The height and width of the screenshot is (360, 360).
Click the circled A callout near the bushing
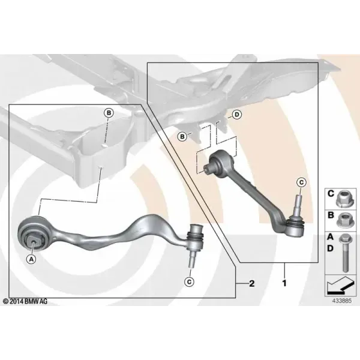click(31, 259)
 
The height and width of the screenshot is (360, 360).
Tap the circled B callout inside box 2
click(109, 113)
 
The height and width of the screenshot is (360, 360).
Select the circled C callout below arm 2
click(190, 282)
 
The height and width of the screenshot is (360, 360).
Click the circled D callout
click(237, 115)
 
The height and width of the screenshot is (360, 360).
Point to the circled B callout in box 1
click(182, 137)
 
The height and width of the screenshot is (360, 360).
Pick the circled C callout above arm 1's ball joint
click(301, 182)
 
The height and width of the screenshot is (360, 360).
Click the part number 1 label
click(284, 283)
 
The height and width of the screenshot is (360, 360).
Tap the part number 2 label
click(252, 284)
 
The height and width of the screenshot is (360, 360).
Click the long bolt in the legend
click(344, 253)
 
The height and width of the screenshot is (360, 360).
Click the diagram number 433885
click(342, 301)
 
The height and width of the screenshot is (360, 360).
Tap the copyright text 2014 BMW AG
click(25, 301)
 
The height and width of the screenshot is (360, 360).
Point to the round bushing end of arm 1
click(220, 160)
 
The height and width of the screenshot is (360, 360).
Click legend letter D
click(330, 248)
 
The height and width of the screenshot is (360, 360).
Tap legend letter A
click(330, 237)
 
